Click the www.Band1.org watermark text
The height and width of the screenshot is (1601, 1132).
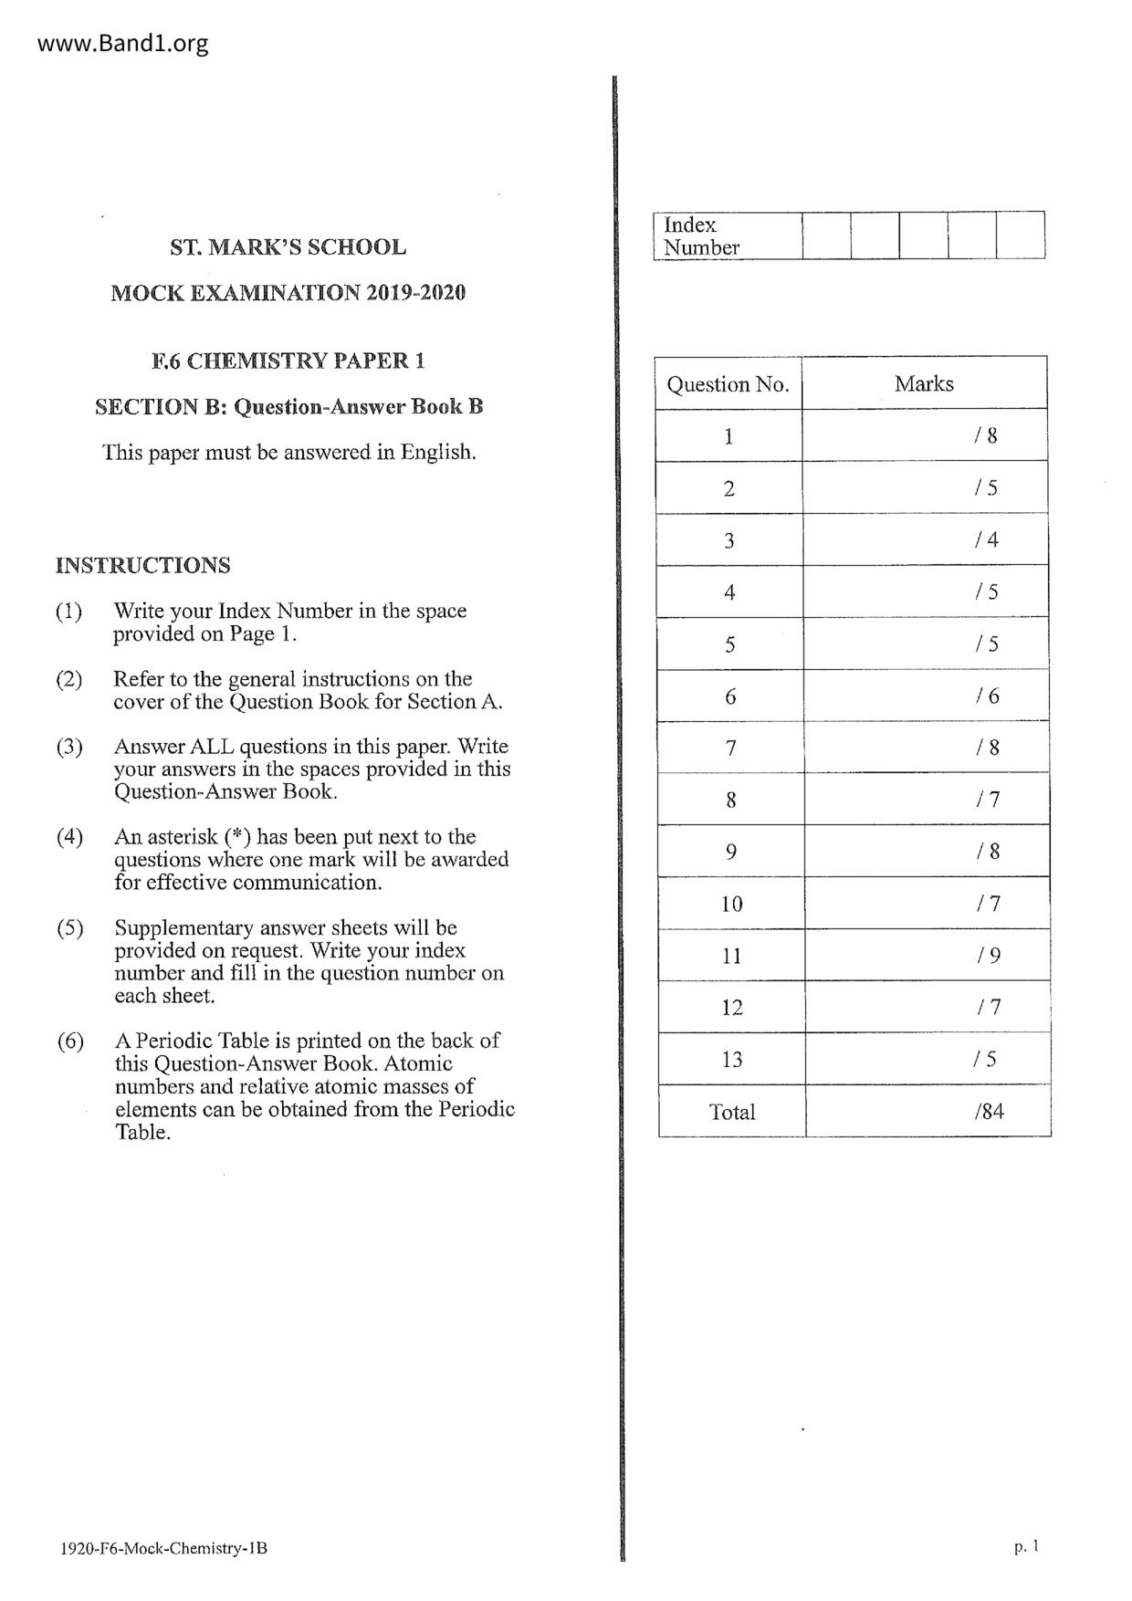tap(123, 43)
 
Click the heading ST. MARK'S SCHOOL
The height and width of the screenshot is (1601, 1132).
tap(288, 247)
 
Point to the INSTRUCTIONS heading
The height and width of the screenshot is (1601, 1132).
tap(142, 565)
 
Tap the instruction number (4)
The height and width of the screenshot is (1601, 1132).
tap(69, 837)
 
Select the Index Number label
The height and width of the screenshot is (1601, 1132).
tap(701, 235)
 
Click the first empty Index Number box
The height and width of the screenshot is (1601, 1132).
tap(826, 235)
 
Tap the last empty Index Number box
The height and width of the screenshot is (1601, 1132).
tap(1020, 235)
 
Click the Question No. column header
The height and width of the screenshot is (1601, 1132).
tap(728, 384)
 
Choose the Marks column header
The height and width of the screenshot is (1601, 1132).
tap(924, 383)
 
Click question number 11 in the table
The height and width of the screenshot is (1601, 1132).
tap(731, 956)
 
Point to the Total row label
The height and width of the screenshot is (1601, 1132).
tap(732, 1112)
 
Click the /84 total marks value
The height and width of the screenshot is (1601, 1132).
tap(989, 1112)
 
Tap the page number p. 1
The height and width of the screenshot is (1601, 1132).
tap(1026, 1546)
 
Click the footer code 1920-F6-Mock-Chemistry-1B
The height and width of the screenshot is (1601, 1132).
tap(163, 1548)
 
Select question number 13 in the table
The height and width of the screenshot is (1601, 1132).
tap(731, 1060)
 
